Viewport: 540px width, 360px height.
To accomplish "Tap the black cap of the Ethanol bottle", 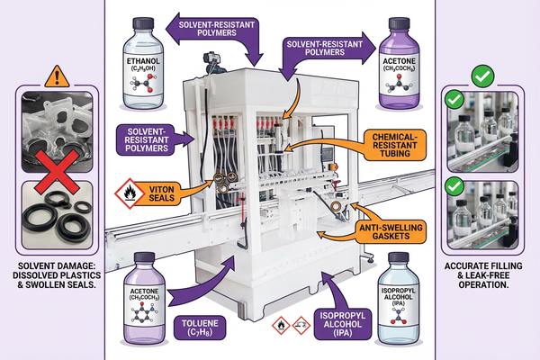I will point(145,21).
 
